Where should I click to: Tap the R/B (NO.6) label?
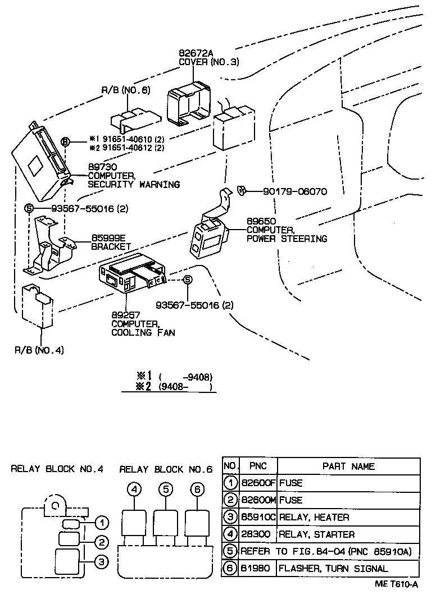tap(125, 90)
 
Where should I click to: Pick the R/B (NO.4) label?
tap(39, 351)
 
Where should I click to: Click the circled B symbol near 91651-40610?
tap(66, 142)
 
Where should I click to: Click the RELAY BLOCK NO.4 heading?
tap(57, 469)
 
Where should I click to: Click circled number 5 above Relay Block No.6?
tap(165, 489)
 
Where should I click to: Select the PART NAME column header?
tap(348, 466)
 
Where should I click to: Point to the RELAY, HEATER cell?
tap(314, 517)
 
